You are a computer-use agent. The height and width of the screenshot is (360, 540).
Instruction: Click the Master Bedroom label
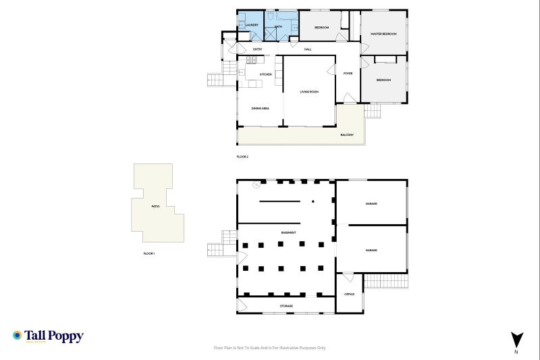point(384,33)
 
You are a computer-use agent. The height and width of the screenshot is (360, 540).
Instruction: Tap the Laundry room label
point(252,25)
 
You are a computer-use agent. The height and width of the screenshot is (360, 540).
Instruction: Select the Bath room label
point(277,25)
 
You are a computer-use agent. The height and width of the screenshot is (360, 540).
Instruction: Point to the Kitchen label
point(266,74)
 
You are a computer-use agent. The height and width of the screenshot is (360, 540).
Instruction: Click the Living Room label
point(309,91)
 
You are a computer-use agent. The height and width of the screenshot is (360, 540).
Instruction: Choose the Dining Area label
point(261,108)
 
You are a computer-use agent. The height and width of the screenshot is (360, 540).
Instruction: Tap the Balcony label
point(347,134)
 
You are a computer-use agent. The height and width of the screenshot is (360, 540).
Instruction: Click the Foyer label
point(348,73)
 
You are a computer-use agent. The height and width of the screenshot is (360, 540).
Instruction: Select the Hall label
point(308,49)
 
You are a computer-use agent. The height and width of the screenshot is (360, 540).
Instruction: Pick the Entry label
point(258,49)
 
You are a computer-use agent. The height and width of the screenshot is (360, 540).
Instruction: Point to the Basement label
point(289,232)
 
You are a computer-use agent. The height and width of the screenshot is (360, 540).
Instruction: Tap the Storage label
point(286,306)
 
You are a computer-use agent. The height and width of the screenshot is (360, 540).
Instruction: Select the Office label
point(350,294)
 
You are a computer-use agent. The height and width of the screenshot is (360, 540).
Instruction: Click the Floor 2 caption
point(243,157)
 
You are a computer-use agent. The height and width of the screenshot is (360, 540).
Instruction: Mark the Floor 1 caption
point(149,253)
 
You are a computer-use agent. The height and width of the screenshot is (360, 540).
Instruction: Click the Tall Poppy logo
point(48,336)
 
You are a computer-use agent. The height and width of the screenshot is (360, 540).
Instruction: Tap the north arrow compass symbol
point(517,340)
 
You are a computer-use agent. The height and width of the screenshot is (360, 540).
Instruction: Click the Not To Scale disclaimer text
point(269,348)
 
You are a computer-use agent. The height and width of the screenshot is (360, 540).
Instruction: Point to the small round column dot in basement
point(313,201)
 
